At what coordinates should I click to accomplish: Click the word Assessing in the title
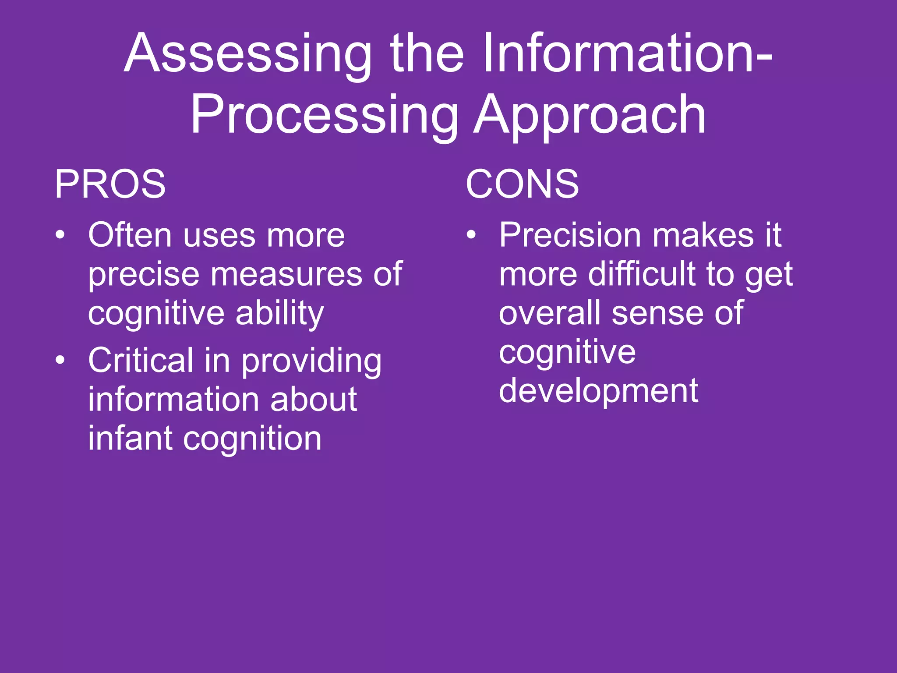point(248,55)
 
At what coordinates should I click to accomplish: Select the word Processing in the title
point(324,116)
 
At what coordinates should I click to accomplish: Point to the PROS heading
point(110,184)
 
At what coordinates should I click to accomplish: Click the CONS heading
point(522,184)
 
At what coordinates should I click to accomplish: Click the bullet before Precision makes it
point(471,235)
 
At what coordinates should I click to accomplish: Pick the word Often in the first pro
point(130,235)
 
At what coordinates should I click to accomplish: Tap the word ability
point(280,314)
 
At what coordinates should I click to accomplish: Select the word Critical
point(141,361)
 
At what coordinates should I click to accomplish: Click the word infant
point(130,439)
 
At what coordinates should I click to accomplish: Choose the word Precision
point(571,235)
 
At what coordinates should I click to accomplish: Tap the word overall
point(550,313)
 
